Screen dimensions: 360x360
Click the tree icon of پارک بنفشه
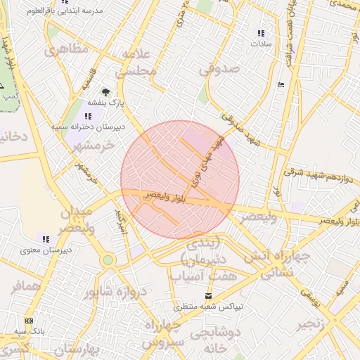[x=105, y=91]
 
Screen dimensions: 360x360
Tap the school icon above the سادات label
[x=261, y=33]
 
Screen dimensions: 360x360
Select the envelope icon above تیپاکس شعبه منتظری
[x=207, y=296]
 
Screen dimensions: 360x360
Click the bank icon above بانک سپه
[x=29, y=320]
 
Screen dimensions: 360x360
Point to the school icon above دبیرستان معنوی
[x=46, y=239]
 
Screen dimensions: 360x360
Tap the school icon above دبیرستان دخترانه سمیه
[x=88, y=116]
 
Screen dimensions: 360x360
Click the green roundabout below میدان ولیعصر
[x=107, y=260]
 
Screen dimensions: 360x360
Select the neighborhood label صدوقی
[x=219, y=70]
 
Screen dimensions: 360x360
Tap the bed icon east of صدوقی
[x=281, y=85]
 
